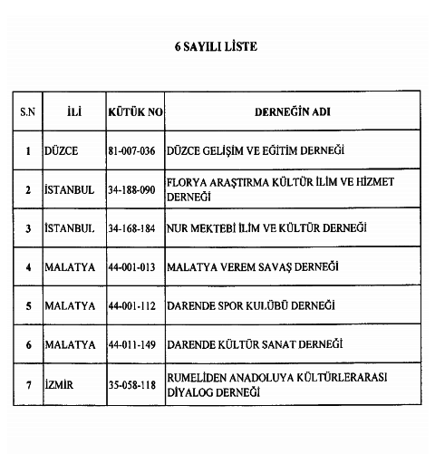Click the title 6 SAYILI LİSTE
click(217, 45)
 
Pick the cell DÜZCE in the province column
click(62, 150)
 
